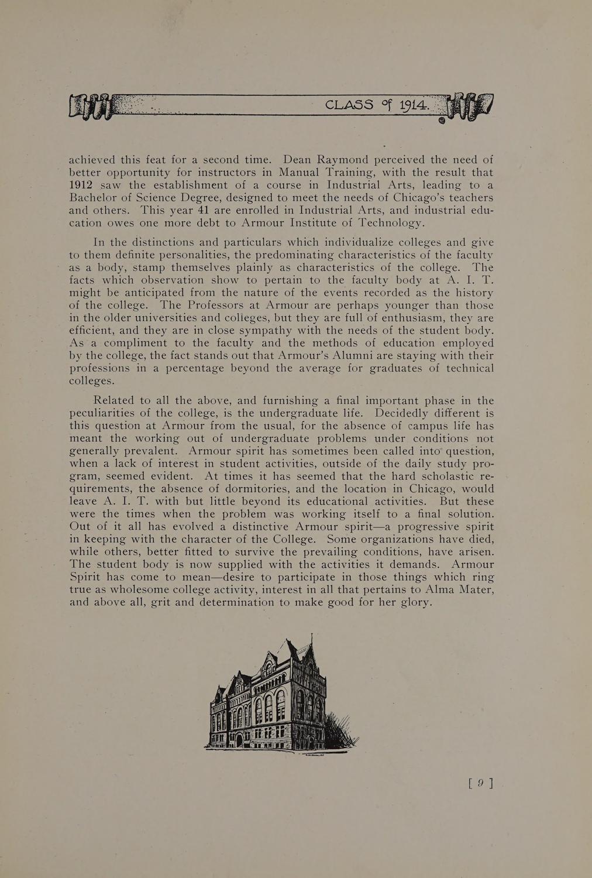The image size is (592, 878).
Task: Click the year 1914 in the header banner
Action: click(x=414, y=105)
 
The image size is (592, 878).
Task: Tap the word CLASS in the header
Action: click(x=349, y=105)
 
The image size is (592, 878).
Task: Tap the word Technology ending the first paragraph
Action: click(x=387, y=223)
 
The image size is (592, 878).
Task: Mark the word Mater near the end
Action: click(x=474, y=590)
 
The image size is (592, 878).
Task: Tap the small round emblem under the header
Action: click(x=442, y=121)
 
